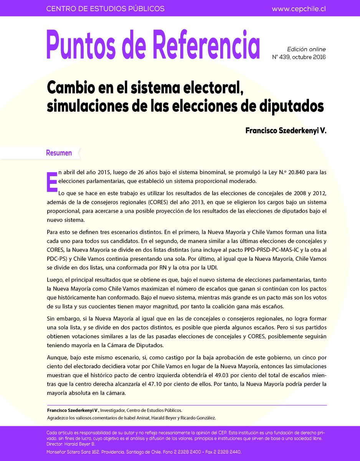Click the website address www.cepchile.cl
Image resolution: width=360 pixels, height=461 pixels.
click(x=299, y=8)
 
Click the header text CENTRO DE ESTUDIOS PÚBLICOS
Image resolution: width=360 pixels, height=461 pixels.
click(x=105, y=8)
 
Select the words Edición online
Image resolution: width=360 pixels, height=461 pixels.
click(x=306, y=49)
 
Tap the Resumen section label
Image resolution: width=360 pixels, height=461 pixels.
click(x=59, y=153)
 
